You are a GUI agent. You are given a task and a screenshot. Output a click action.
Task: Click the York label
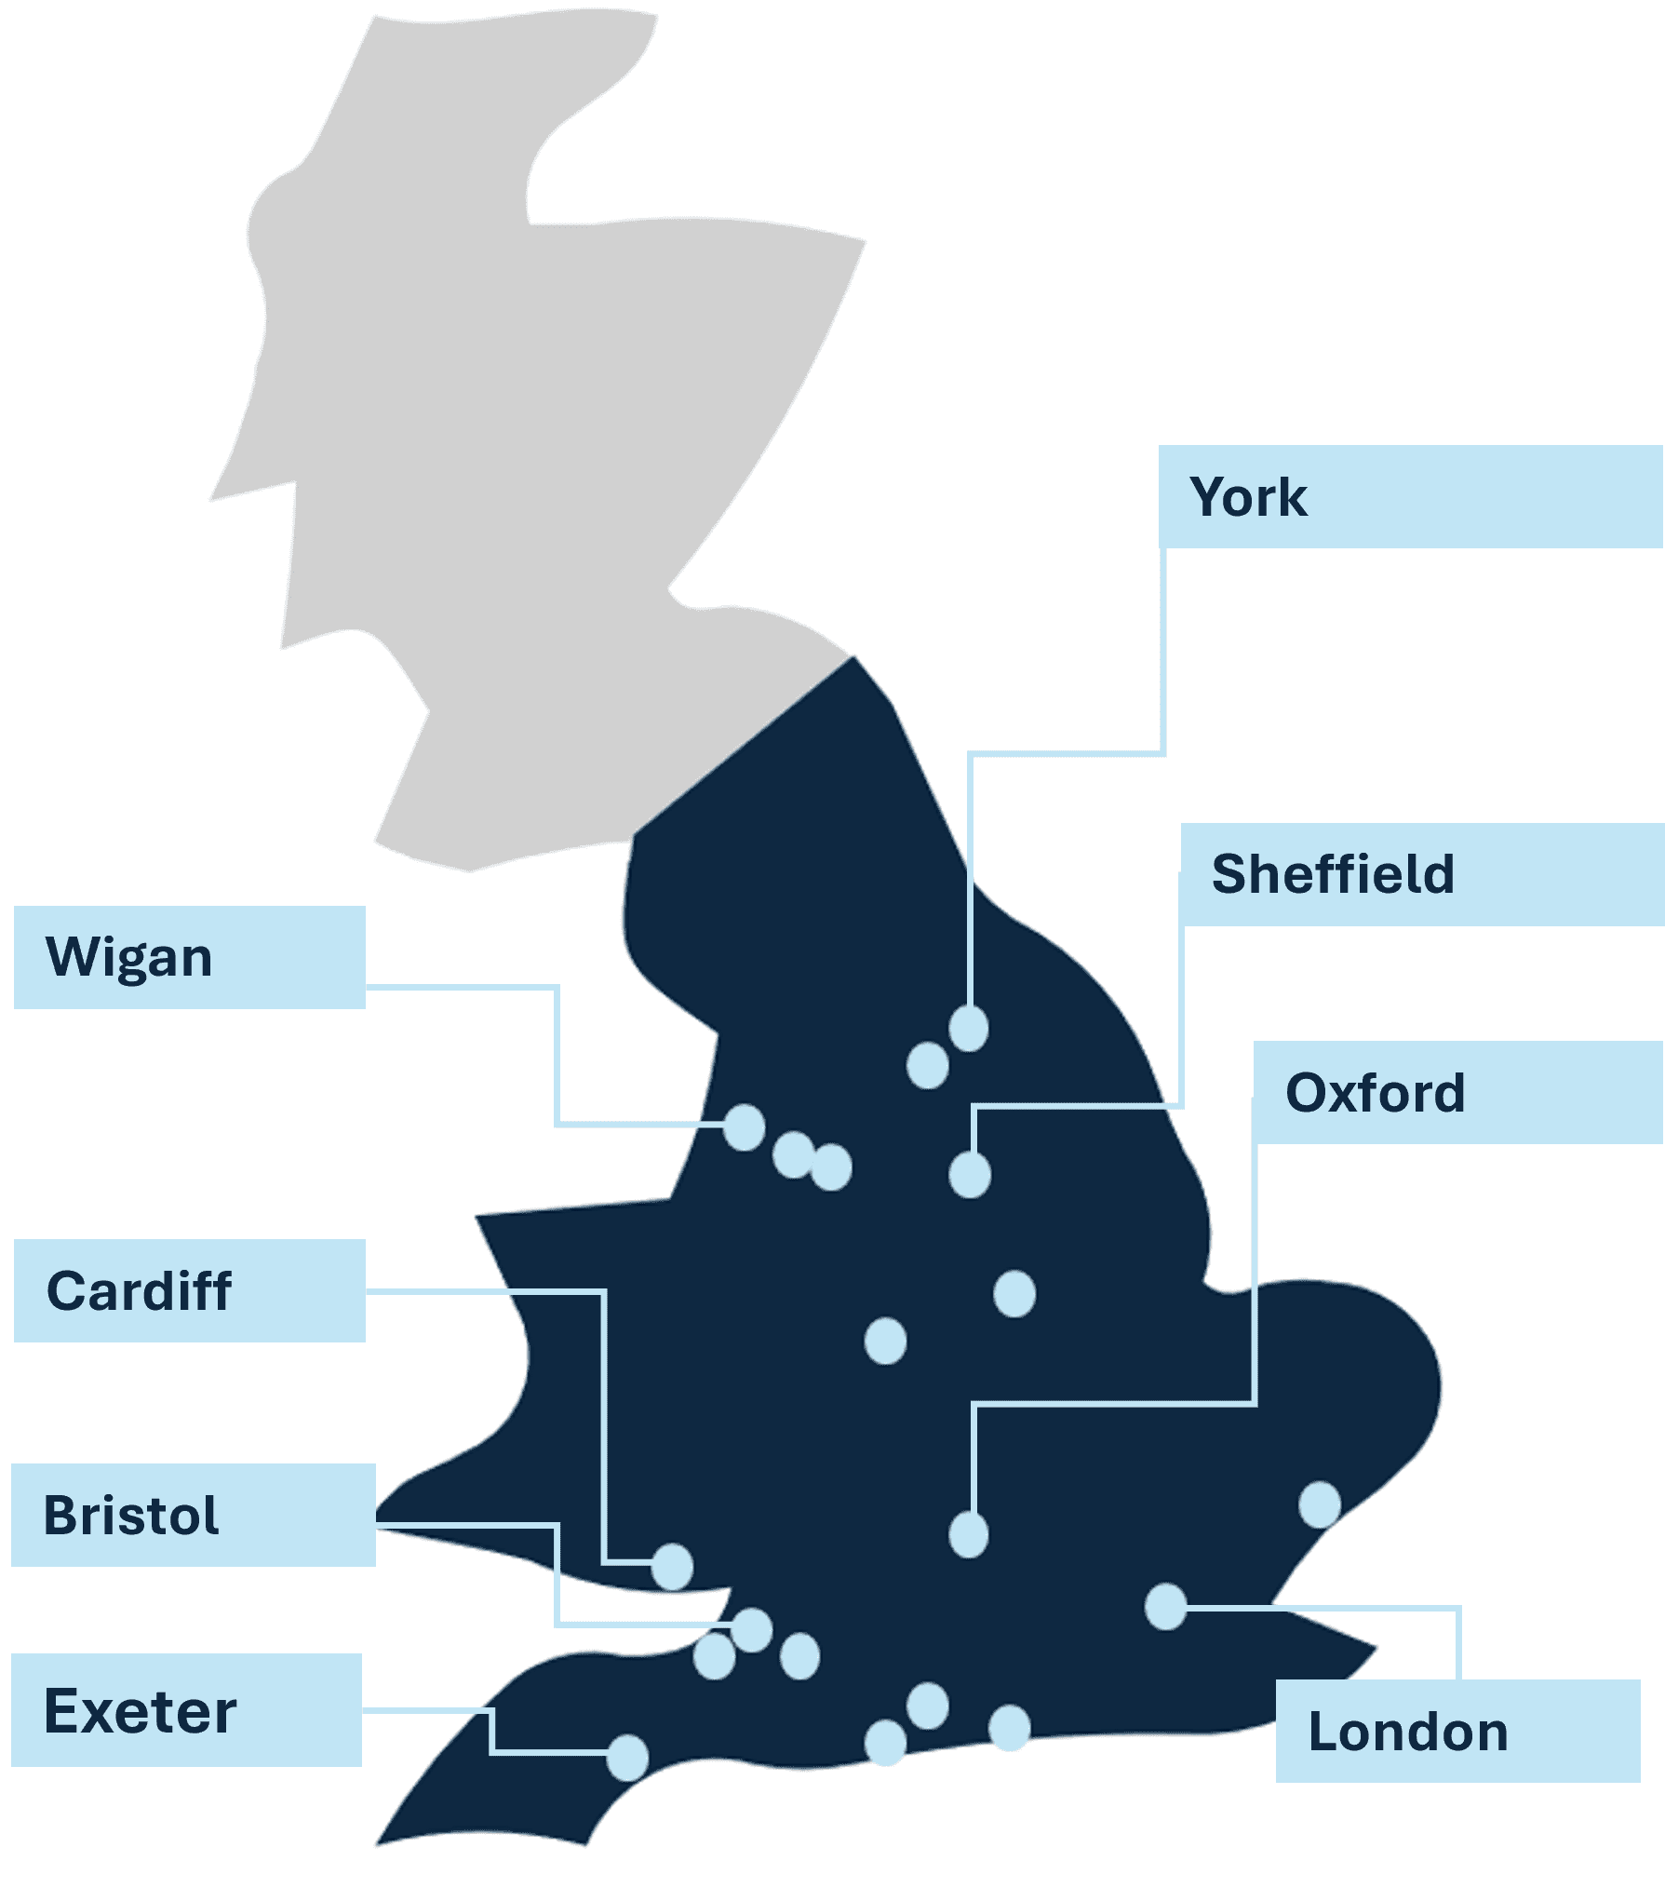pos(1249,497)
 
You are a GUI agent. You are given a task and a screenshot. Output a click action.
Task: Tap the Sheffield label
pos(1333,874)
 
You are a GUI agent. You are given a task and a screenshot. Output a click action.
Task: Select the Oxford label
pos(1375,1093)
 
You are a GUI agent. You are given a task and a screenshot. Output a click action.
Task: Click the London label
pos(1408,1732)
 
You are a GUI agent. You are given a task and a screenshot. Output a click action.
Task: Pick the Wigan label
pos(129,957)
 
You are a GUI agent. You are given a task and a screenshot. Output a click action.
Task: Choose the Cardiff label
pos(139,1291)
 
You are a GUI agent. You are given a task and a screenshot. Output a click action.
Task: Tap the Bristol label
pos(131,1516)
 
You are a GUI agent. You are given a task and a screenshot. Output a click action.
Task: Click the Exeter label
pos(141,1710)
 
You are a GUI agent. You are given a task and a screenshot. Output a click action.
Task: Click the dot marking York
pos(969,1029)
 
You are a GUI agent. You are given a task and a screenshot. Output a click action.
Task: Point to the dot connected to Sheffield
pos(970,1175)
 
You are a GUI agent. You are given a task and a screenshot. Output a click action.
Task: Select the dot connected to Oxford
pos(969,1534)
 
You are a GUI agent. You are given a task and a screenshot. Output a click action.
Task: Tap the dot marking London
pos(1165,1607)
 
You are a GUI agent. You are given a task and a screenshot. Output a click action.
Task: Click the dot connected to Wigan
pos(745,1127)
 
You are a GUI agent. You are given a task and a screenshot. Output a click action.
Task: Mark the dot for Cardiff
pos(672,1567)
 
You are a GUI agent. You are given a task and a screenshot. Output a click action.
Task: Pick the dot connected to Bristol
pos(752,1630)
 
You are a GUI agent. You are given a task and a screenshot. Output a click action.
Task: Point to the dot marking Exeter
pos(628,1758)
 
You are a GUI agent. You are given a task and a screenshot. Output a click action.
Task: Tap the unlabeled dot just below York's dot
pos(928,1065)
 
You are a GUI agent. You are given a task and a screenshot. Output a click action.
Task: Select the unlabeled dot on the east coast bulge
pos(1320,1504)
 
